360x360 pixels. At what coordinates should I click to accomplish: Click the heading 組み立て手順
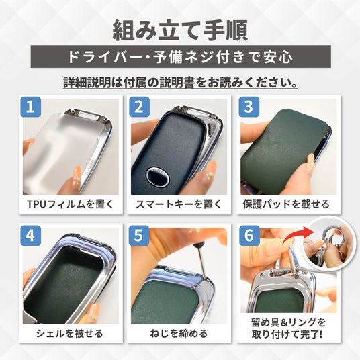click(x=180, y=30)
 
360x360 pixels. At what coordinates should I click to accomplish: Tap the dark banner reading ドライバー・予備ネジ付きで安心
click(x=181, y=56)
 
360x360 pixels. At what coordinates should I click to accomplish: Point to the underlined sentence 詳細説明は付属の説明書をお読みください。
click(x=181, y=82)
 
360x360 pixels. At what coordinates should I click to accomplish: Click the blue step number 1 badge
click(x=31, y=107)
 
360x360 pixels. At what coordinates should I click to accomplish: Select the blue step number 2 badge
click(x=139, y=107)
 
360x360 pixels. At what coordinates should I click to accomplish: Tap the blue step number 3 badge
click(x=249, y=107)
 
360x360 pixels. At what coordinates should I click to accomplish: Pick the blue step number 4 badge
click(x=31, y=236)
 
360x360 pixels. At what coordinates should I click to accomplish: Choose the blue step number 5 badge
click(x=139, y=236)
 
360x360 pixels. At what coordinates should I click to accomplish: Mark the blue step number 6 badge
click(x=249, y=236)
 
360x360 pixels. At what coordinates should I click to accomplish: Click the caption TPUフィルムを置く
click(x=71, y=204)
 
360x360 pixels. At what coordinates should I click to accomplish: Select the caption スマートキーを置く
click(x=179, y=204)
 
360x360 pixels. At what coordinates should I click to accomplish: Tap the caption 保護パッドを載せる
click(x=286, y=204)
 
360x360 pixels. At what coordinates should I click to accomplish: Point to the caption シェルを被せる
click(x=69, y=333)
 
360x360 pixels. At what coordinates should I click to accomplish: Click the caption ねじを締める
click(x=179, y=333)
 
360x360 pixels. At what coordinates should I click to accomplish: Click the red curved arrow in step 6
click(x=296, y=234)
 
